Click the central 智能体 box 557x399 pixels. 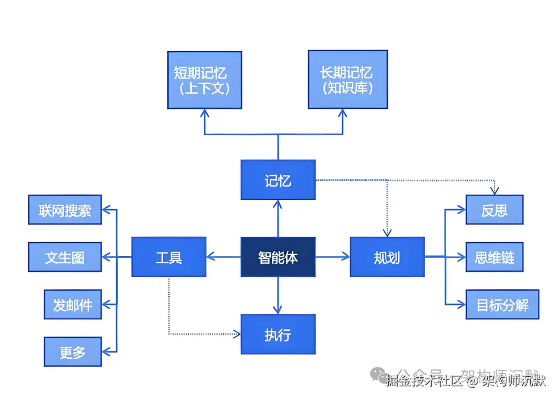pos(278,257)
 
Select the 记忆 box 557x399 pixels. pos(278,180)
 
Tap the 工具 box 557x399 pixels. pos(169,257)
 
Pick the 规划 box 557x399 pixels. pos(387,257)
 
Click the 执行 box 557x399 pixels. pos(278,334)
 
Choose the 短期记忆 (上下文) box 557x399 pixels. pos(205,80)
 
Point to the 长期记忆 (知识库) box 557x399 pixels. pos(348,79)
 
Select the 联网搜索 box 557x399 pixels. pos(65,210)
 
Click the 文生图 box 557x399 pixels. pos(65,257)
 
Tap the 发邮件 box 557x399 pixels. pos(73,305)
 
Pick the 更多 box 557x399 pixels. pos(73,352)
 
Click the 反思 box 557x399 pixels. pos(494,210)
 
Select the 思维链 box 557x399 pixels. pos(494,257)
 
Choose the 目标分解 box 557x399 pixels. pos(502,305)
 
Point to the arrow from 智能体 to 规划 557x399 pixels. pos(333,257)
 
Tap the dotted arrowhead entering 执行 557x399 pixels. pos(237,334)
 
